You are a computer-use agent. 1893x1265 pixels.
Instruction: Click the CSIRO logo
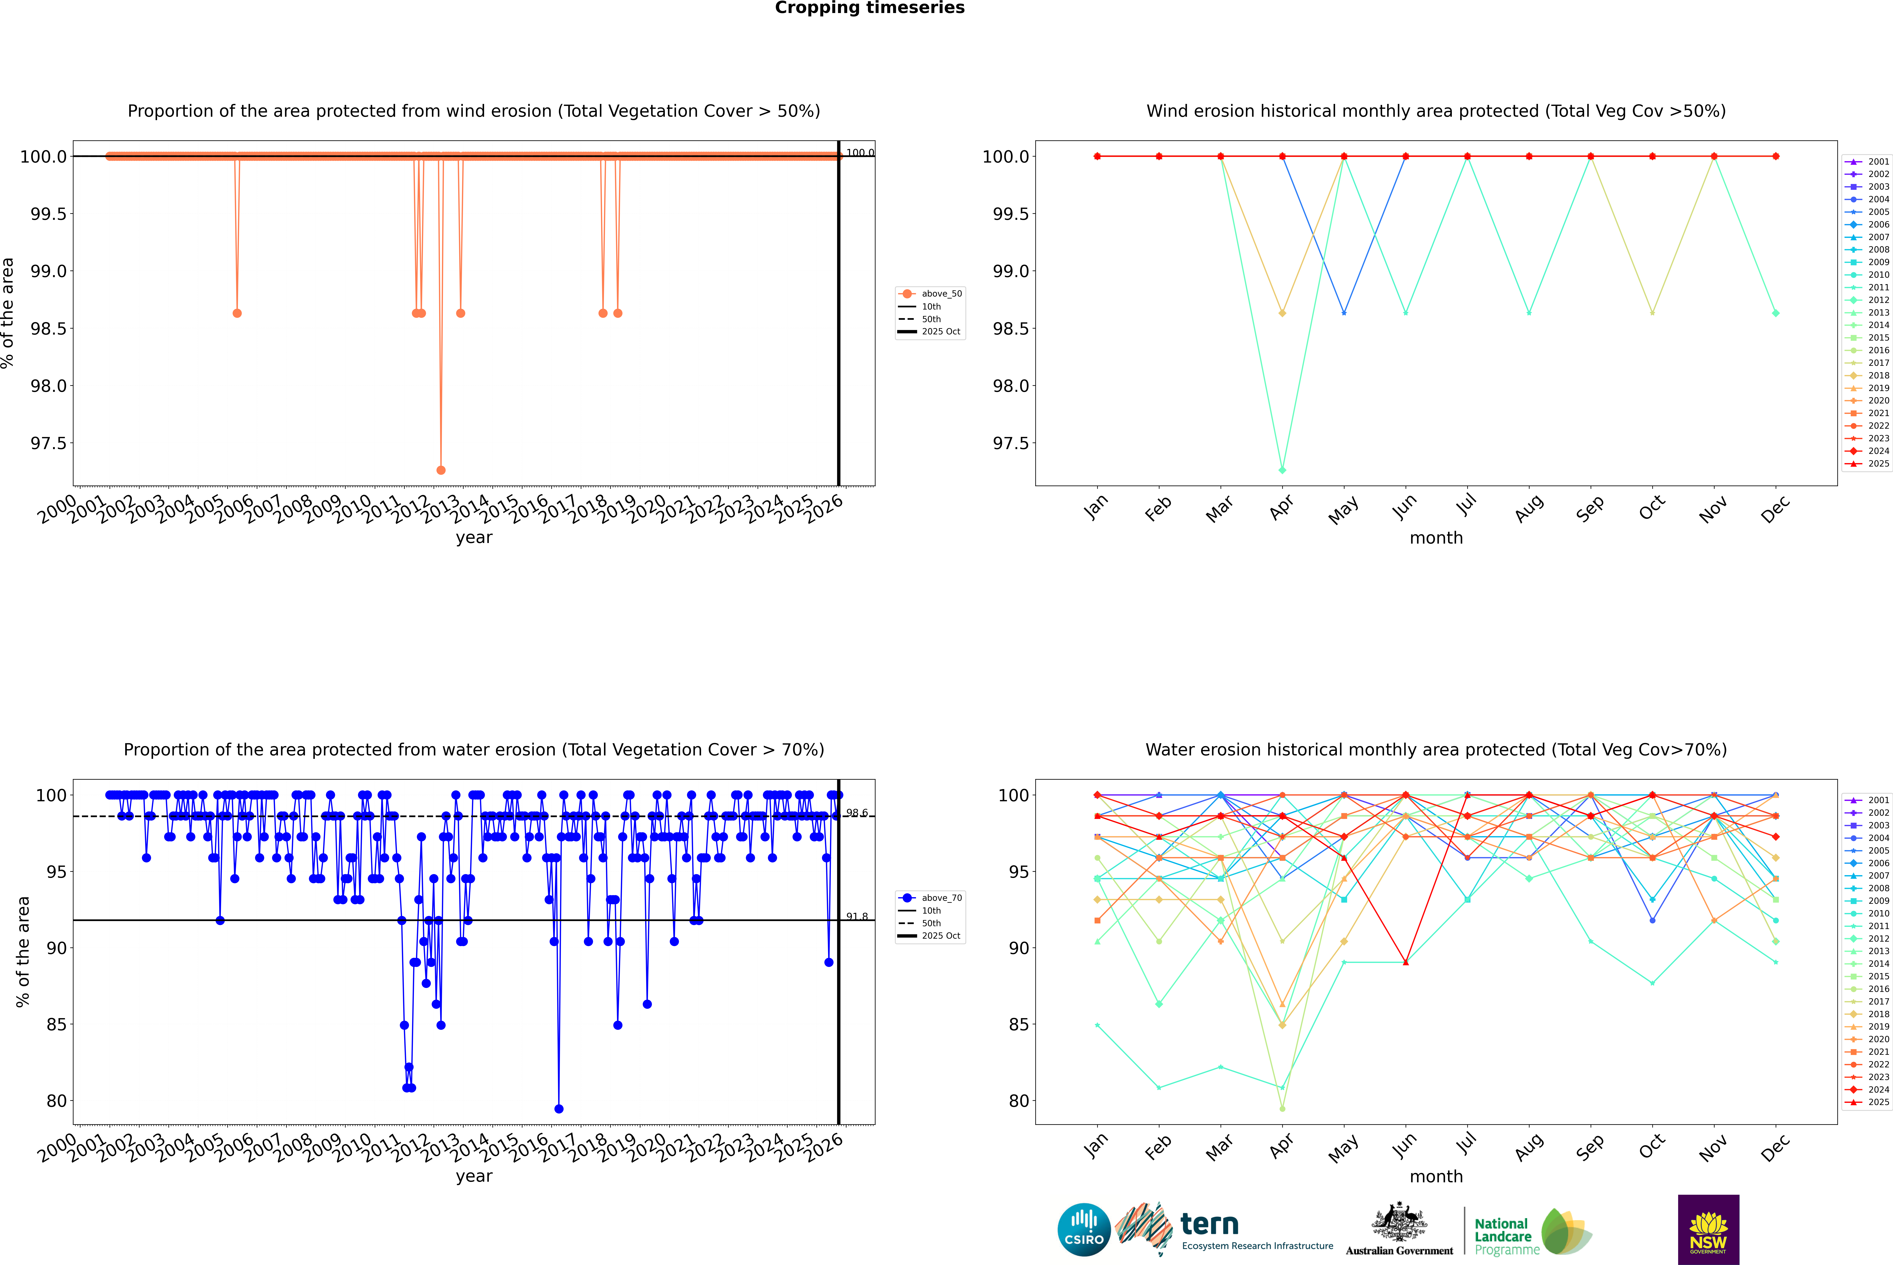point(1084,1230)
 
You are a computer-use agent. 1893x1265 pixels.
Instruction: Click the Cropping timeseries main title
point(869,8)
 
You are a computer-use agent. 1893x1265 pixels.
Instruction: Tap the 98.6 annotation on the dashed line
point(857,813)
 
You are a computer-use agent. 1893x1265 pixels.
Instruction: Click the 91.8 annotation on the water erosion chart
point(857,916)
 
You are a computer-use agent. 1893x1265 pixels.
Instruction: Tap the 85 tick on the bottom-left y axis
point(56,1025)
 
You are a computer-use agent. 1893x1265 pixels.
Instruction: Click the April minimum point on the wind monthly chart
point(1282,470)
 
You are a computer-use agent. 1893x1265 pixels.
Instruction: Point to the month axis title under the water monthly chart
point(1435,1176)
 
